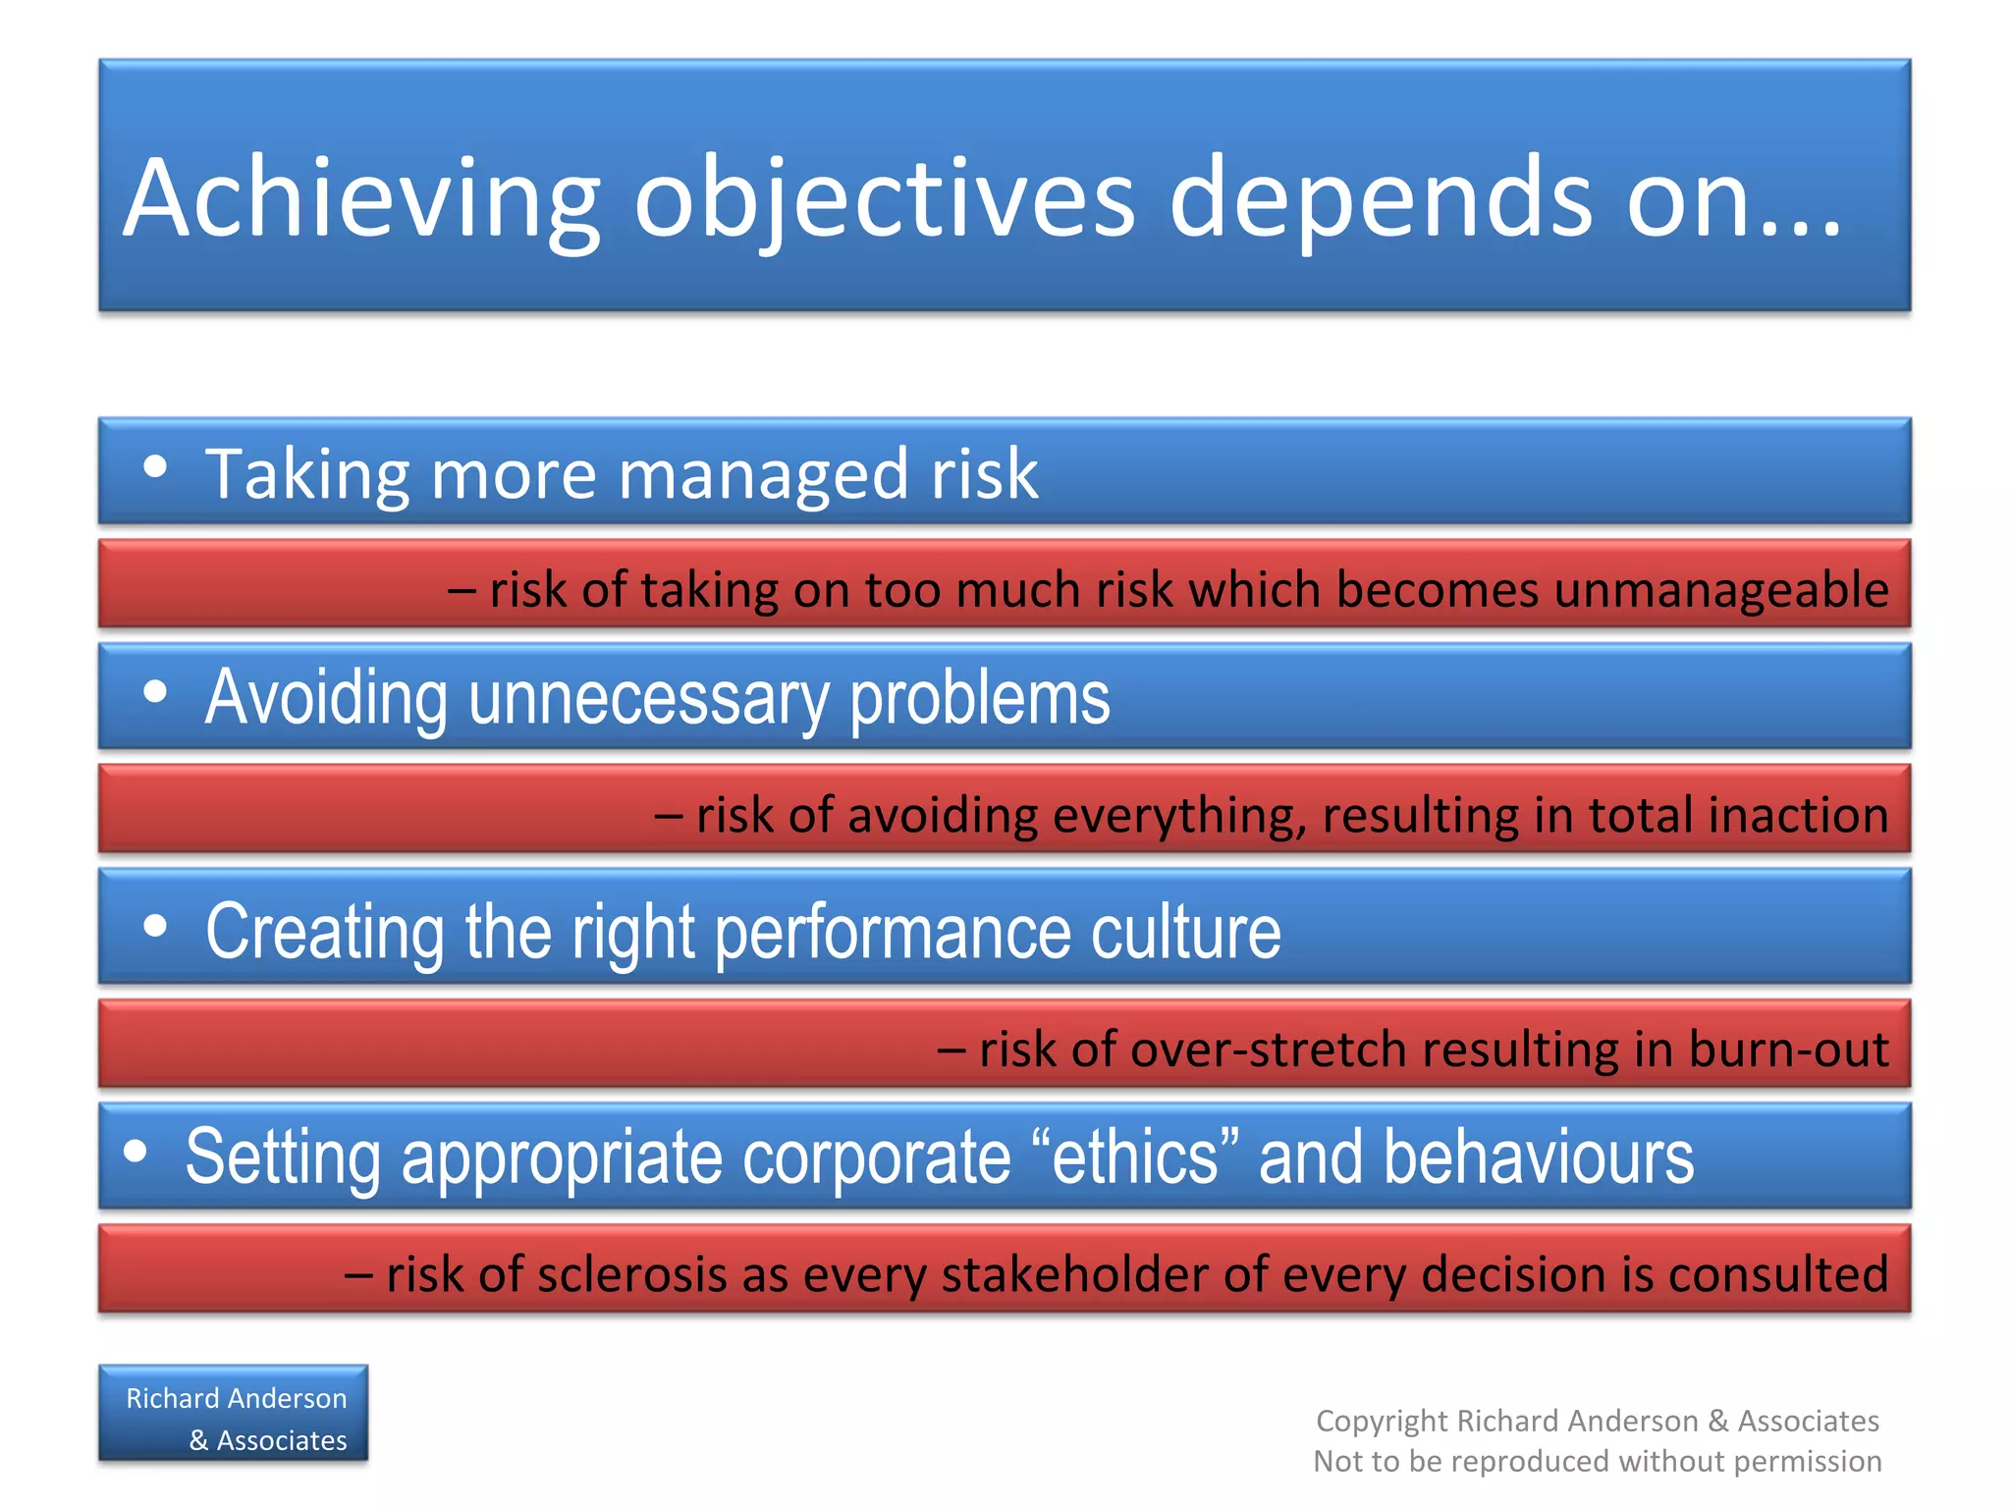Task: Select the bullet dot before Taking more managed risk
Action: coord(155,466)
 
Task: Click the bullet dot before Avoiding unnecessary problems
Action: coord(155,692)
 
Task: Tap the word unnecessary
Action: coord(648,699)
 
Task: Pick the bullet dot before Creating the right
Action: coord(155,926)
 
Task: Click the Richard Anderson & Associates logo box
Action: coord(234,1414)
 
